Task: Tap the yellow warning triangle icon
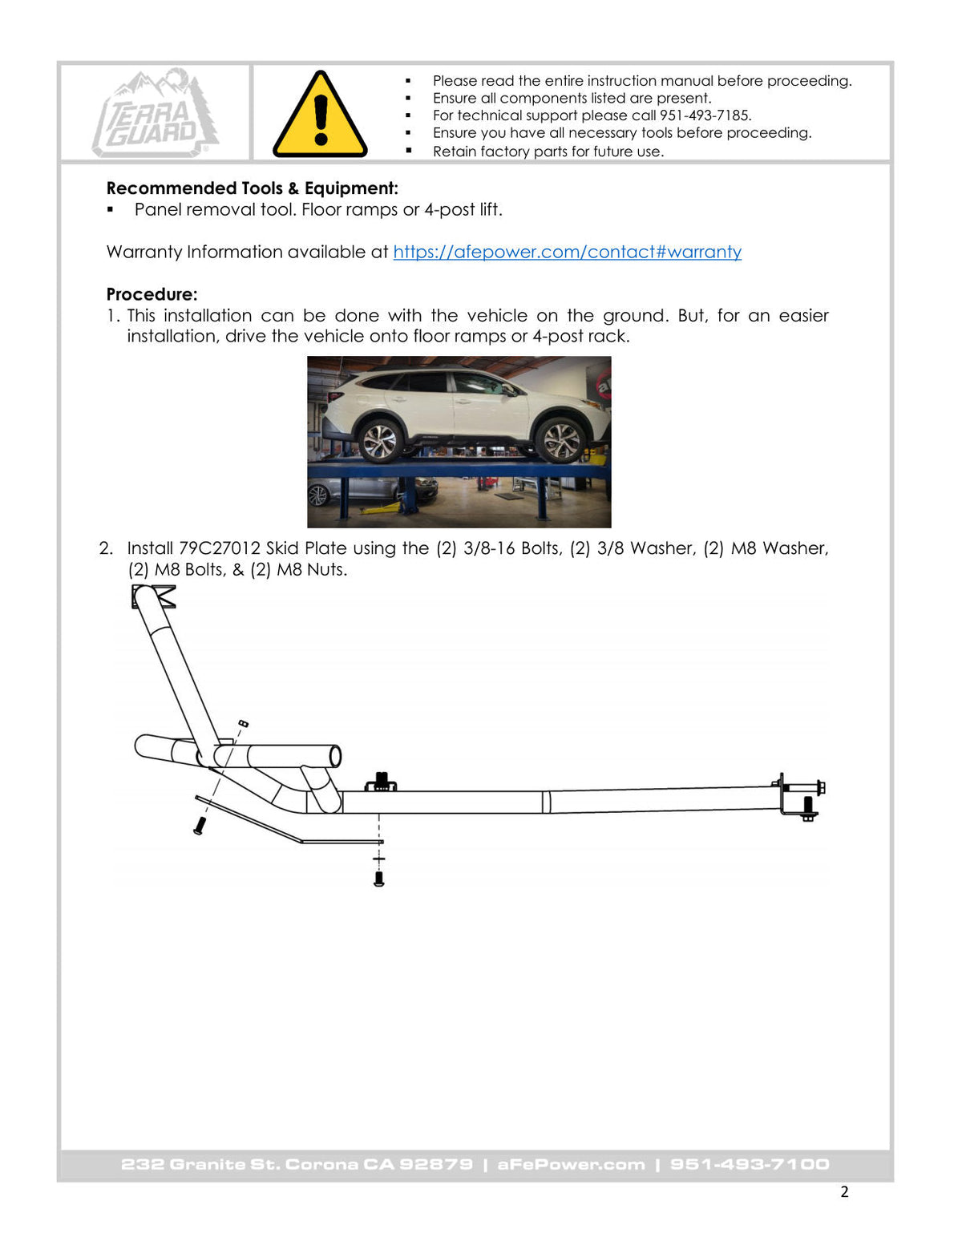(x=320, y=115)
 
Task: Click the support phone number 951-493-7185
(x=704, y=115)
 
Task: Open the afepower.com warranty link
(x=567, y=252)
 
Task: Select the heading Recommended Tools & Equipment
(x=252, y=188)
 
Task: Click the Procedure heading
(x=152, y=294)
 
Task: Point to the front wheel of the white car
(x=560, y=440)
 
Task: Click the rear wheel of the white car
(x=381, y=441)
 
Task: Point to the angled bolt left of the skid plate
(x=200, y=826)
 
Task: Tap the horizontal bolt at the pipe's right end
(x=806, y=788)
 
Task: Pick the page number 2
(x=844, y=1192)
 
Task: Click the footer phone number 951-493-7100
(x=750, y=1164)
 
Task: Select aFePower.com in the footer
(x=571, y=1164)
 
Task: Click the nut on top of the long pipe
(x=381, y=781)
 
